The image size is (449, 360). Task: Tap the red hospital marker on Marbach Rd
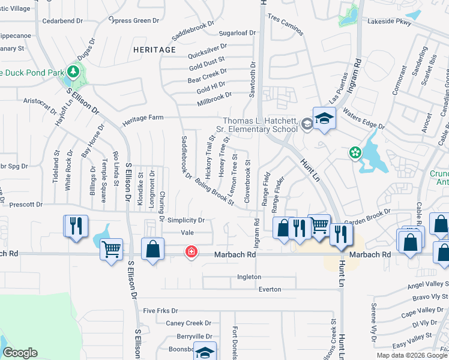pos(191,252)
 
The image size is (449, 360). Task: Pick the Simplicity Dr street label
pos(186,220)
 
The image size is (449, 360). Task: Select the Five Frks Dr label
pos(161,311)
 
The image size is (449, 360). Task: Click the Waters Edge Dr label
pos(363,117)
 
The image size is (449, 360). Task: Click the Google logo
pos(20,352)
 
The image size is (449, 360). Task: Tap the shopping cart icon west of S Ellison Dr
pos(112,249)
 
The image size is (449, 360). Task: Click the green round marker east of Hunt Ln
pos(356,153)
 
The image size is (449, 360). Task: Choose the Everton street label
pos(270,289)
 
